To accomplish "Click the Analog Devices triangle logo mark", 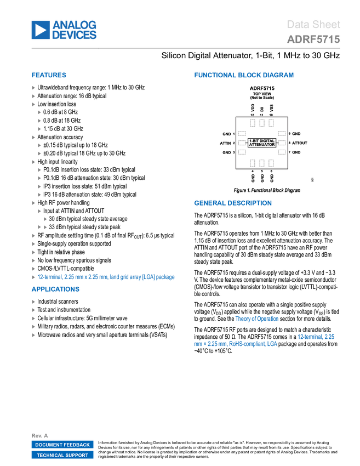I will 40,30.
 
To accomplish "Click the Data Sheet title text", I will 313,25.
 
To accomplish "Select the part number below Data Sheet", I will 313,39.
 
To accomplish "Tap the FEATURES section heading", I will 49,76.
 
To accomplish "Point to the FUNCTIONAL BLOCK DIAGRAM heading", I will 244,76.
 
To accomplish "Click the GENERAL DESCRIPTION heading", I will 232,203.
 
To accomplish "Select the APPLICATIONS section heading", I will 55,289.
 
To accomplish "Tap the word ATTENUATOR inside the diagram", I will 262,145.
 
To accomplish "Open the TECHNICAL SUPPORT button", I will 62,455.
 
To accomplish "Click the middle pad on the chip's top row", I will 262,123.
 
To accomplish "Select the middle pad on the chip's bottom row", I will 262,163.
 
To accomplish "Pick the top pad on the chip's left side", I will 242,133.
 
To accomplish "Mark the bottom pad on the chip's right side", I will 282,152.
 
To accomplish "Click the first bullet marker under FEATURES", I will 33,88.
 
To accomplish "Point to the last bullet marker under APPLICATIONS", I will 33,335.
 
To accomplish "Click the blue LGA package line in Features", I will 106,277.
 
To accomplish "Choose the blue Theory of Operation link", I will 257,319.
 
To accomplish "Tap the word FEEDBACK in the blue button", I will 74,445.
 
